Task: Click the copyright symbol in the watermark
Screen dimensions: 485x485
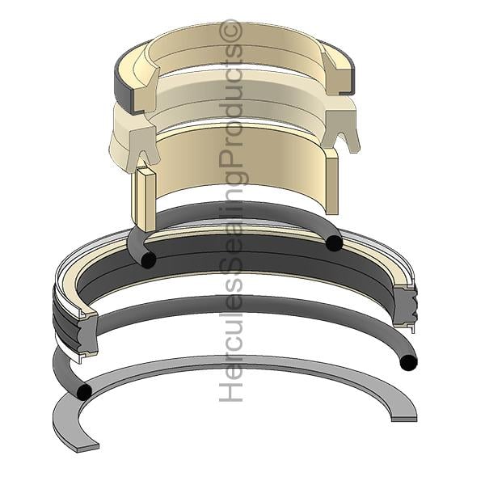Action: (230, 31)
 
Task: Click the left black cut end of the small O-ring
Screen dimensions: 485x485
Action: (148, 259)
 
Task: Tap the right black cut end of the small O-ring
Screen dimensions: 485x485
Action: (335, 243)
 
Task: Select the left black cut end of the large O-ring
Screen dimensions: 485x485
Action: (84, 392)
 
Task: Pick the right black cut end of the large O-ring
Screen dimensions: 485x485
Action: (408, 362)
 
